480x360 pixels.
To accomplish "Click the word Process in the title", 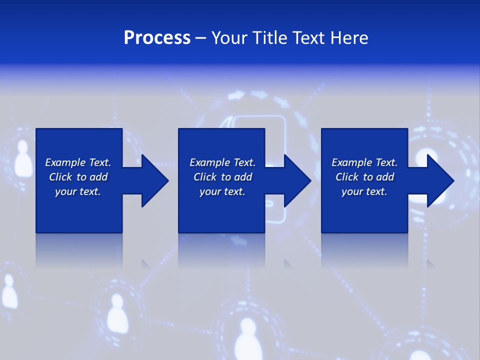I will click(x=157, y=38).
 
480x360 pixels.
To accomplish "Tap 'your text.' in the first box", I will click(x=78, y=191).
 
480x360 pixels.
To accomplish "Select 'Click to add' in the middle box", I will click(x=222, y=177).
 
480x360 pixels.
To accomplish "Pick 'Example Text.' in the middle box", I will click(x=222, y=162).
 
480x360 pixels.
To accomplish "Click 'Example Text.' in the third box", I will click(x=364, y=162).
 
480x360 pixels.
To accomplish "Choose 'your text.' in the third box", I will click(x=364, y=191).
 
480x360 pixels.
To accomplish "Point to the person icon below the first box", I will click(x=116, y=312).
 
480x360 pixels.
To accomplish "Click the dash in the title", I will click(x=200, y=38).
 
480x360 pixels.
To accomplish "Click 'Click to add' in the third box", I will click(x=364, y=177).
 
